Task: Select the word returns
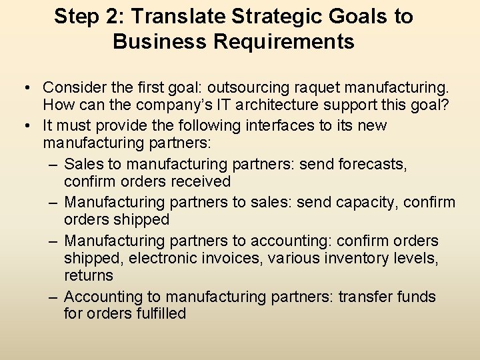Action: click(x=89, y=275)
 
